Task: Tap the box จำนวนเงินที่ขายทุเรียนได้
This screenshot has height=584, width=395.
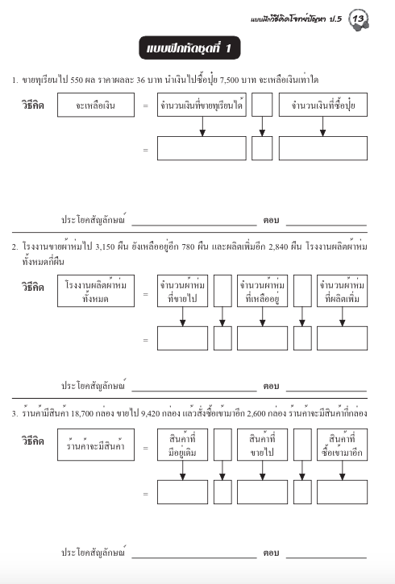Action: click(202, 106)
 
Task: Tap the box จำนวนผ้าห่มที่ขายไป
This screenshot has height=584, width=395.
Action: click(182, 292)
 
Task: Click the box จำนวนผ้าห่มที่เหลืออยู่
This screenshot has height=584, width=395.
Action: click(261, 292)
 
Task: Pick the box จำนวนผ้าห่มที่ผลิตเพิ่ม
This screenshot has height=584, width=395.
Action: click(342, 292)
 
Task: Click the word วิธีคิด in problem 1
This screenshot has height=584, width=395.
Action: click(33, 106)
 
